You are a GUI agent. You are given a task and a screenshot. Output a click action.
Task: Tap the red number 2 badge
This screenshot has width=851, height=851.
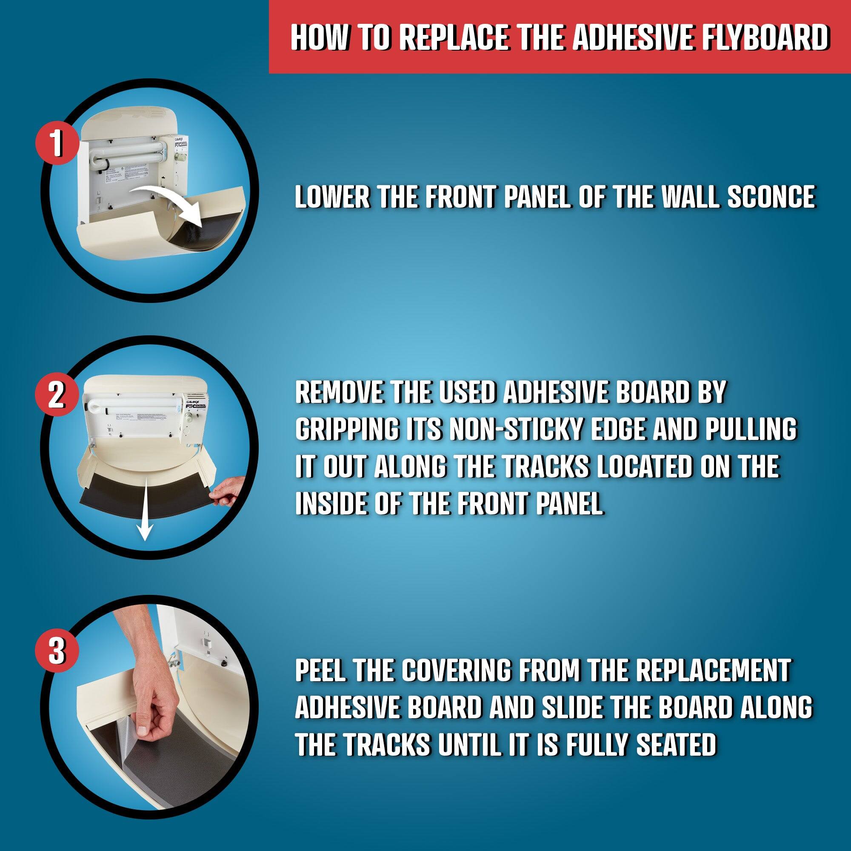click(x=57, y=395)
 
